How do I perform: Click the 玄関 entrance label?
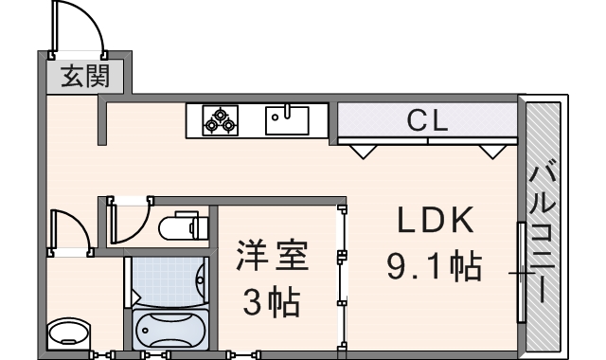tap(84, 77)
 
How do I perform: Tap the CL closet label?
tap(428, 119)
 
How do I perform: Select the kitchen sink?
tap(288, 120)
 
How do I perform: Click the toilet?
tap(183, 227)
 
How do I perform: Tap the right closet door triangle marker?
tap(491, 150)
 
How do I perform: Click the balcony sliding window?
tap(521, 273)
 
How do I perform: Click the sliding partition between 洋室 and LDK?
tap(340, 275)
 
